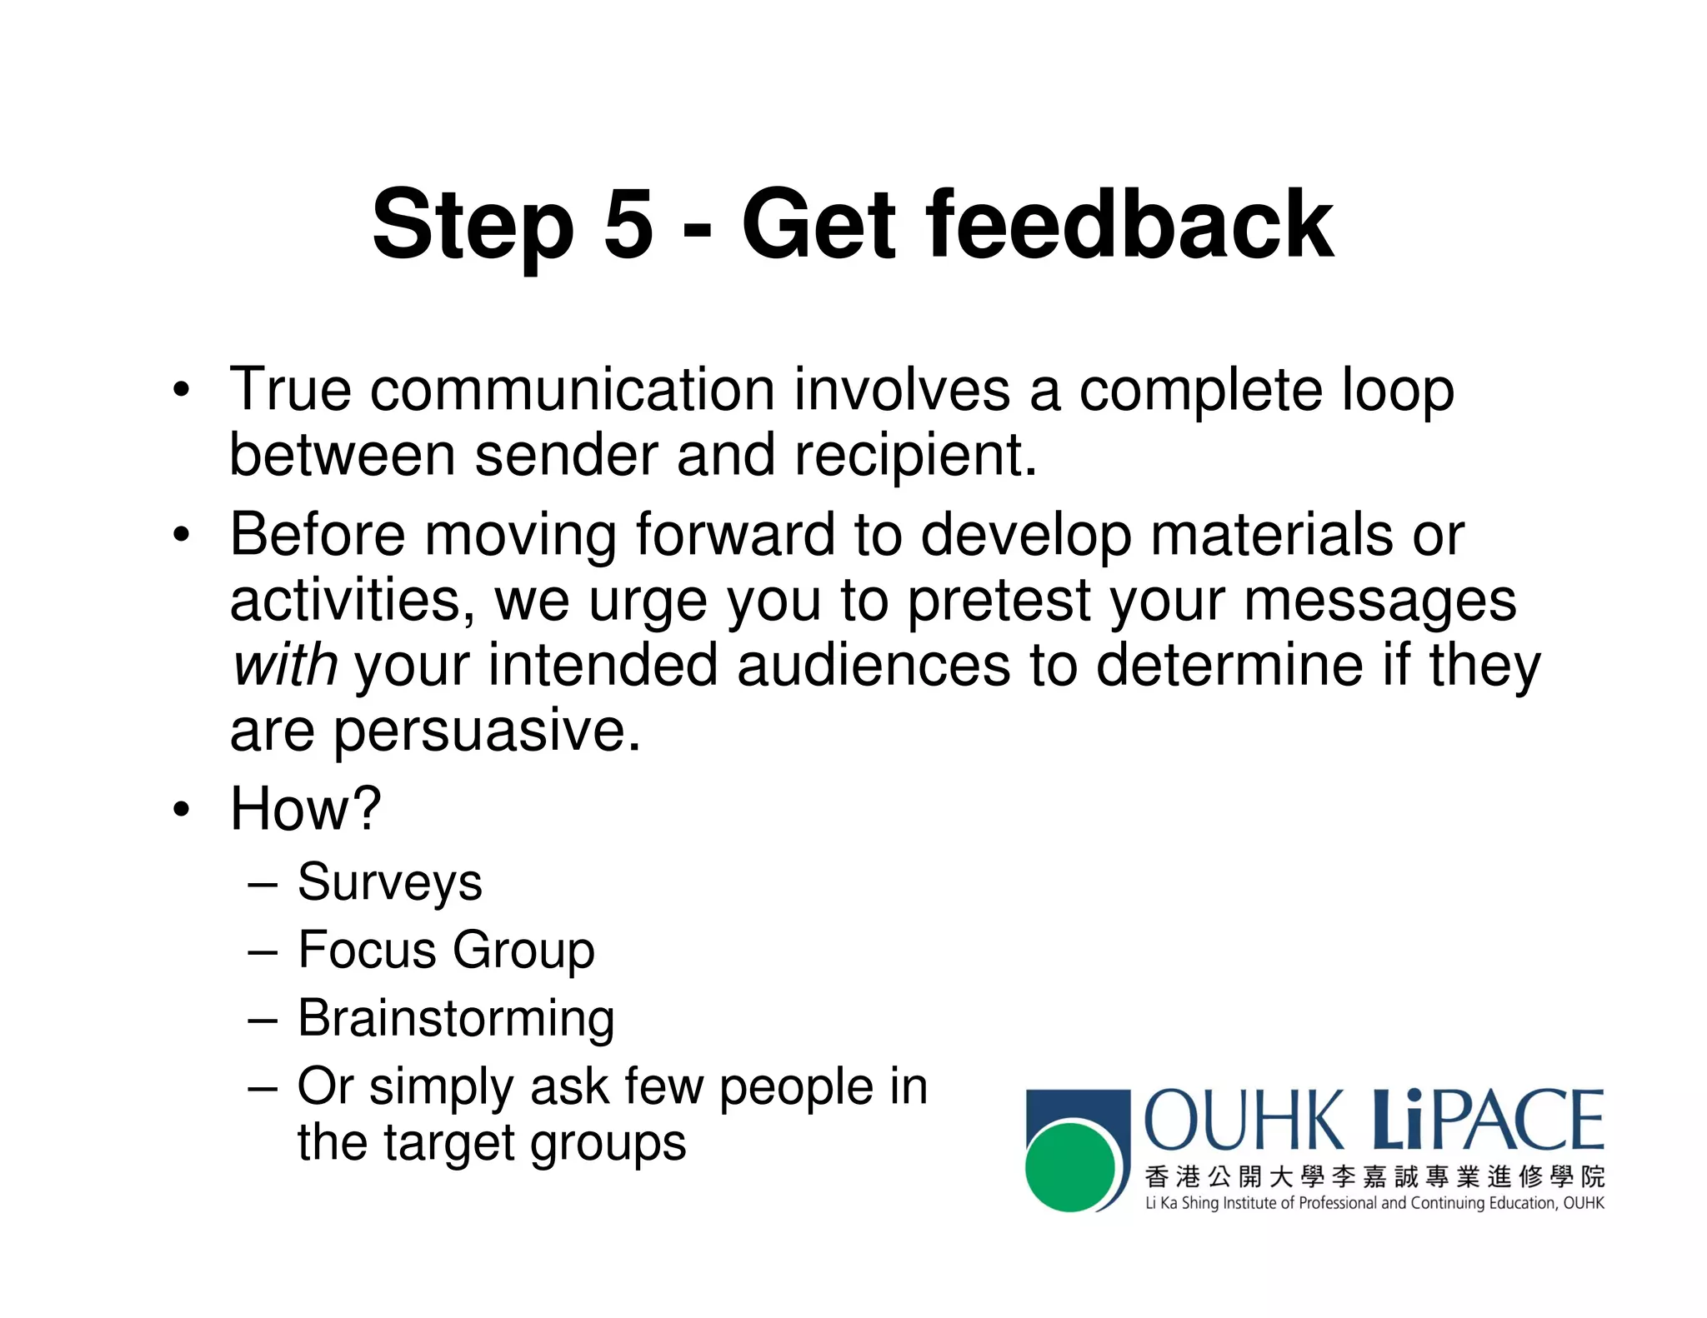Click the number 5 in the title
click(628, 223)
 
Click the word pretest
click(999, 601)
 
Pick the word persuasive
click(488, 731)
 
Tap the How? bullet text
click(305, 809)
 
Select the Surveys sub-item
click(389, 882)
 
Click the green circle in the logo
click(1070, 1166)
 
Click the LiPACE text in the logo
click(1488, 1121)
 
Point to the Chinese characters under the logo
click(1374, 1176)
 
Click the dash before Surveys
click(263, 884)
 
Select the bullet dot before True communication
click(181, 390)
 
